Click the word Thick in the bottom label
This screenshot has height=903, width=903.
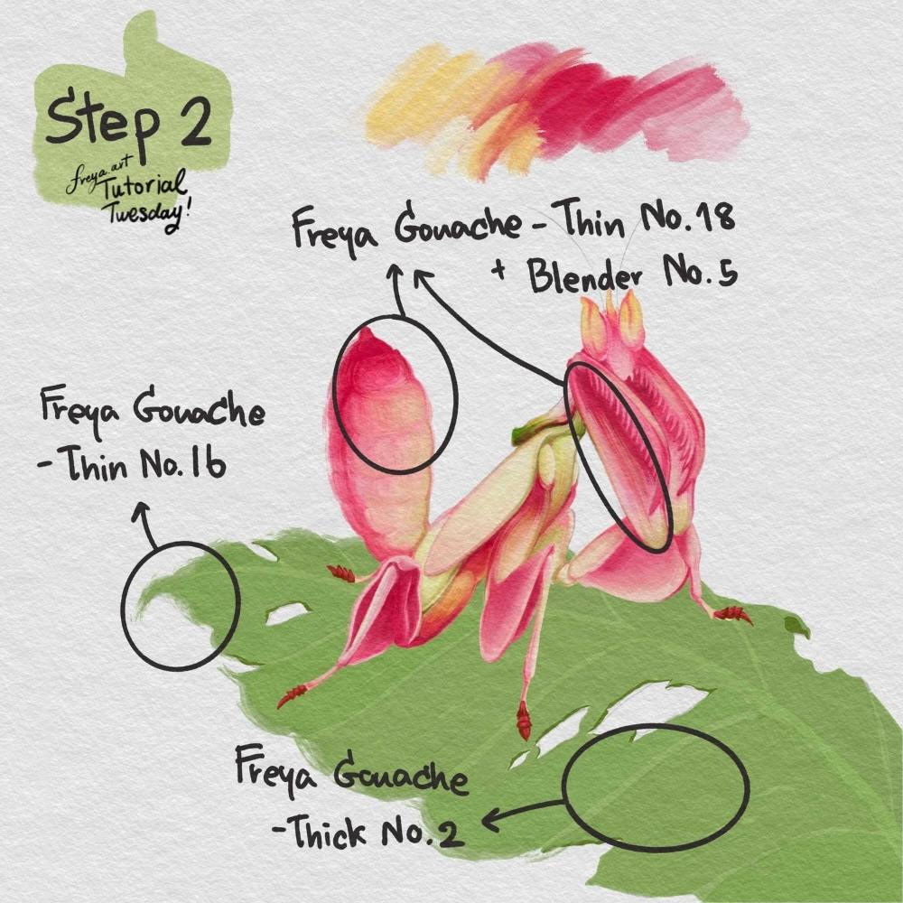pyautogui.click(x=326, y=831)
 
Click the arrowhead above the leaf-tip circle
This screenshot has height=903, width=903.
pyautogui.click(x=141, y=510)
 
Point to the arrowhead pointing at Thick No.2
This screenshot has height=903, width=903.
pyautogui.click(x=490, y=820)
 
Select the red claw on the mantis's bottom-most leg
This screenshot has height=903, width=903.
pyautogui.click(x=524, y=720)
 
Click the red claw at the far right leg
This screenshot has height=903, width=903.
pyautogui.click(x=733, y=614)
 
